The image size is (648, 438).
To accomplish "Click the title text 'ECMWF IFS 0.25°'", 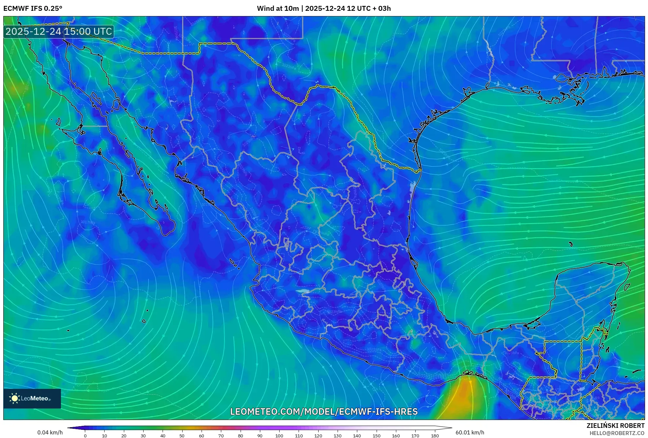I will click(33, 9).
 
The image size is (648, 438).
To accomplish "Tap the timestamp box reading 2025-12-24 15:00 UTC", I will click(59, 32).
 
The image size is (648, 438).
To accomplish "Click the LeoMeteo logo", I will click(32, 398).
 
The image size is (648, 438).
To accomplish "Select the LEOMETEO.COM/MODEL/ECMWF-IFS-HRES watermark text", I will click(324, 411).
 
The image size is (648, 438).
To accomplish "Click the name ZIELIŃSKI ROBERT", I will click(615, 426).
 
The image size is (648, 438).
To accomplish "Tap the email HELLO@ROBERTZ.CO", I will click(617, 433).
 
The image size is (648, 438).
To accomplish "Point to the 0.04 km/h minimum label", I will click(50, 432).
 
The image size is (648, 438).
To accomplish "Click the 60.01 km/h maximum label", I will click(470, 432).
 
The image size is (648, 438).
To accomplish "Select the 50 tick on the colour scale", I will click(182, 436).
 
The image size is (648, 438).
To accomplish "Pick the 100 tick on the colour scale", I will click(279, 436).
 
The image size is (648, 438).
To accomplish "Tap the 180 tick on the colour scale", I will click(435, 436).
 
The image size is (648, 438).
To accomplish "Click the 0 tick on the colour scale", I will click(85, 436).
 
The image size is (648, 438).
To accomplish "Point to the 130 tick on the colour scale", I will click(338, 436).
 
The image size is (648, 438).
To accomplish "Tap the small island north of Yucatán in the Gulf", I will click(571, 244).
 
